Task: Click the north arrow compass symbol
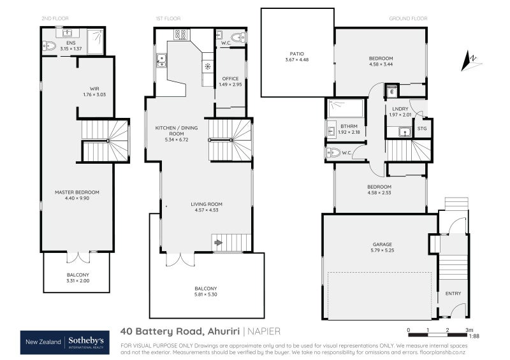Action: [471, 61]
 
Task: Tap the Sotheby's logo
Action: [91, 342]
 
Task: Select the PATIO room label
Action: [296, 54]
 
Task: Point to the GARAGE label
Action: [382, 244]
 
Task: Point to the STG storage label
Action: [421, 129]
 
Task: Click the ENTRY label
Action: [453, 294]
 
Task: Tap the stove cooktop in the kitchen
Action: [180, 35]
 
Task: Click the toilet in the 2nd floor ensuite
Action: [50, 45]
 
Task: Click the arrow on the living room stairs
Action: [218, 242]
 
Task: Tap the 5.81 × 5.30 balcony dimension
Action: [206, 294]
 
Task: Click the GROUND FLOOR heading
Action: [407, 19]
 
